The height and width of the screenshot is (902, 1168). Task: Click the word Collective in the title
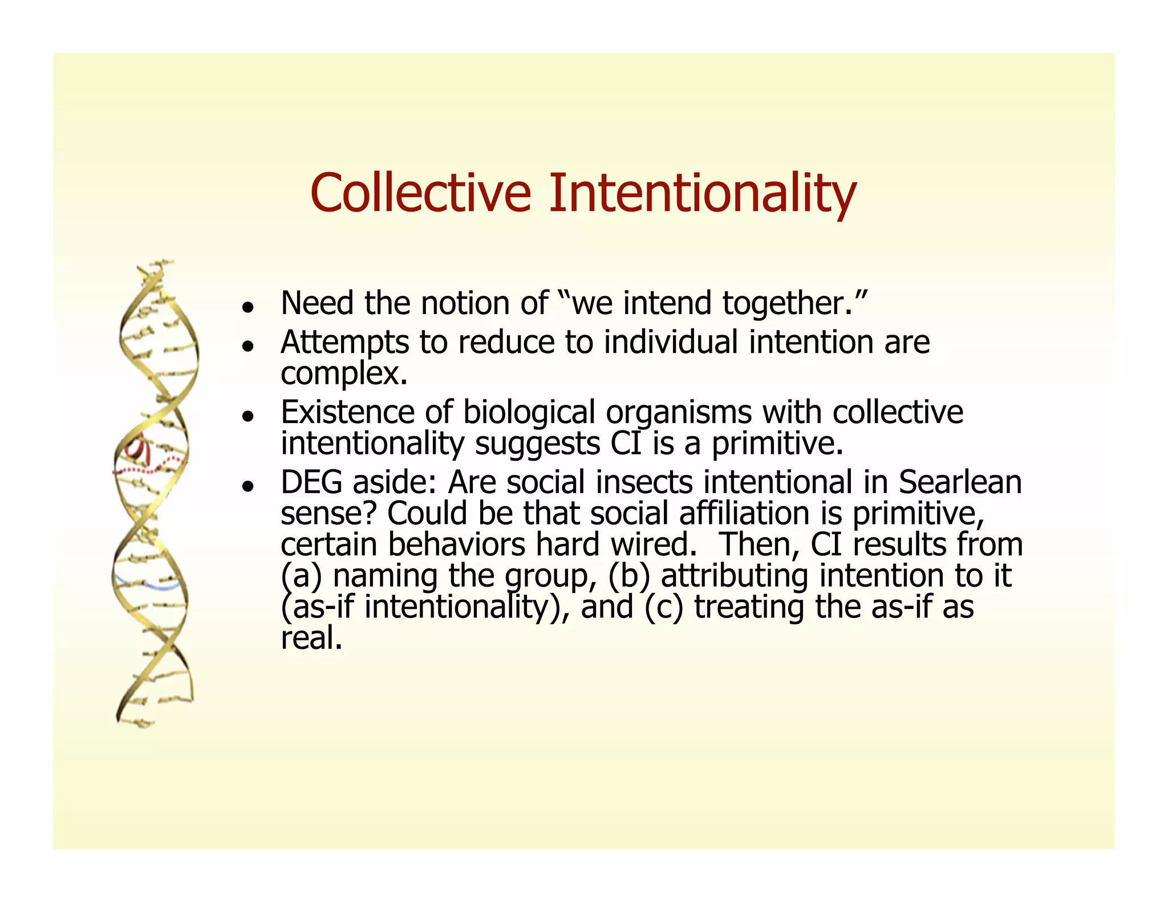[420, 193]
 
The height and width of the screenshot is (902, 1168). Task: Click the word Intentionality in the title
[702, 193]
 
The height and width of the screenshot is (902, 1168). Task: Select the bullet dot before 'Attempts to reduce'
[247, 346]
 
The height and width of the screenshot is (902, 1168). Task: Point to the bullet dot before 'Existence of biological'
[247, 416]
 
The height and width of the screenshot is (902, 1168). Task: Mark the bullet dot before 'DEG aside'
[247, 486]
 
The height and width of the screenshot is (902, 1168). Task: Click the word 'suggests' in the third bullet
[537, 444]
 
